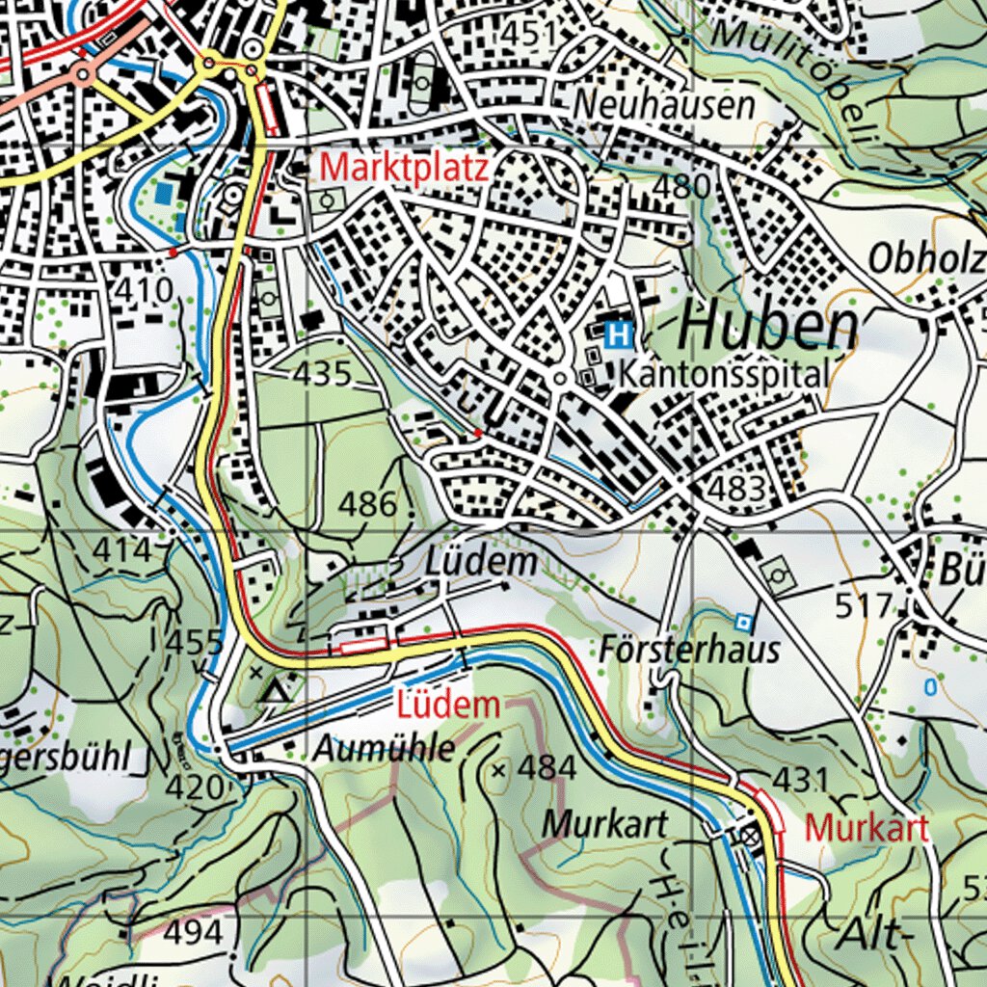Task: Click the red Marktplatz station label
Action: [405, 168]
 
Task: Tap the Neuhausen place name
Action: [664, 105]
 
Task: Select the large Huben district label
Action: [767, 329]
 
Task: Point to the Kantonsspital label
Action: [724, 375]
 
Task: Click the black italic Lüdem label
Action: [481, 562]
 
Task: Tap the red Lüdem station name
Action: [448, 705]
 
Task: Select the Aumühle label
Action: [384, 748]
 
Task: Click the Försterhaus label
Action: [689, 650]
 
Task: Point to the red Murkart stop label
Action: [867, 827]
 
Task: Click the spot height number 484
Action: [547, 768]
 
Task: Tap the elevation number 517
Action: [864, 606]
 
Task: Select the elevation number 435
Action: [323, 373]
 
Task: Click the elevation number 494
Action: [193, 932]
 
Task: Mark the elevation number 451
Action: [529, 34]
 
